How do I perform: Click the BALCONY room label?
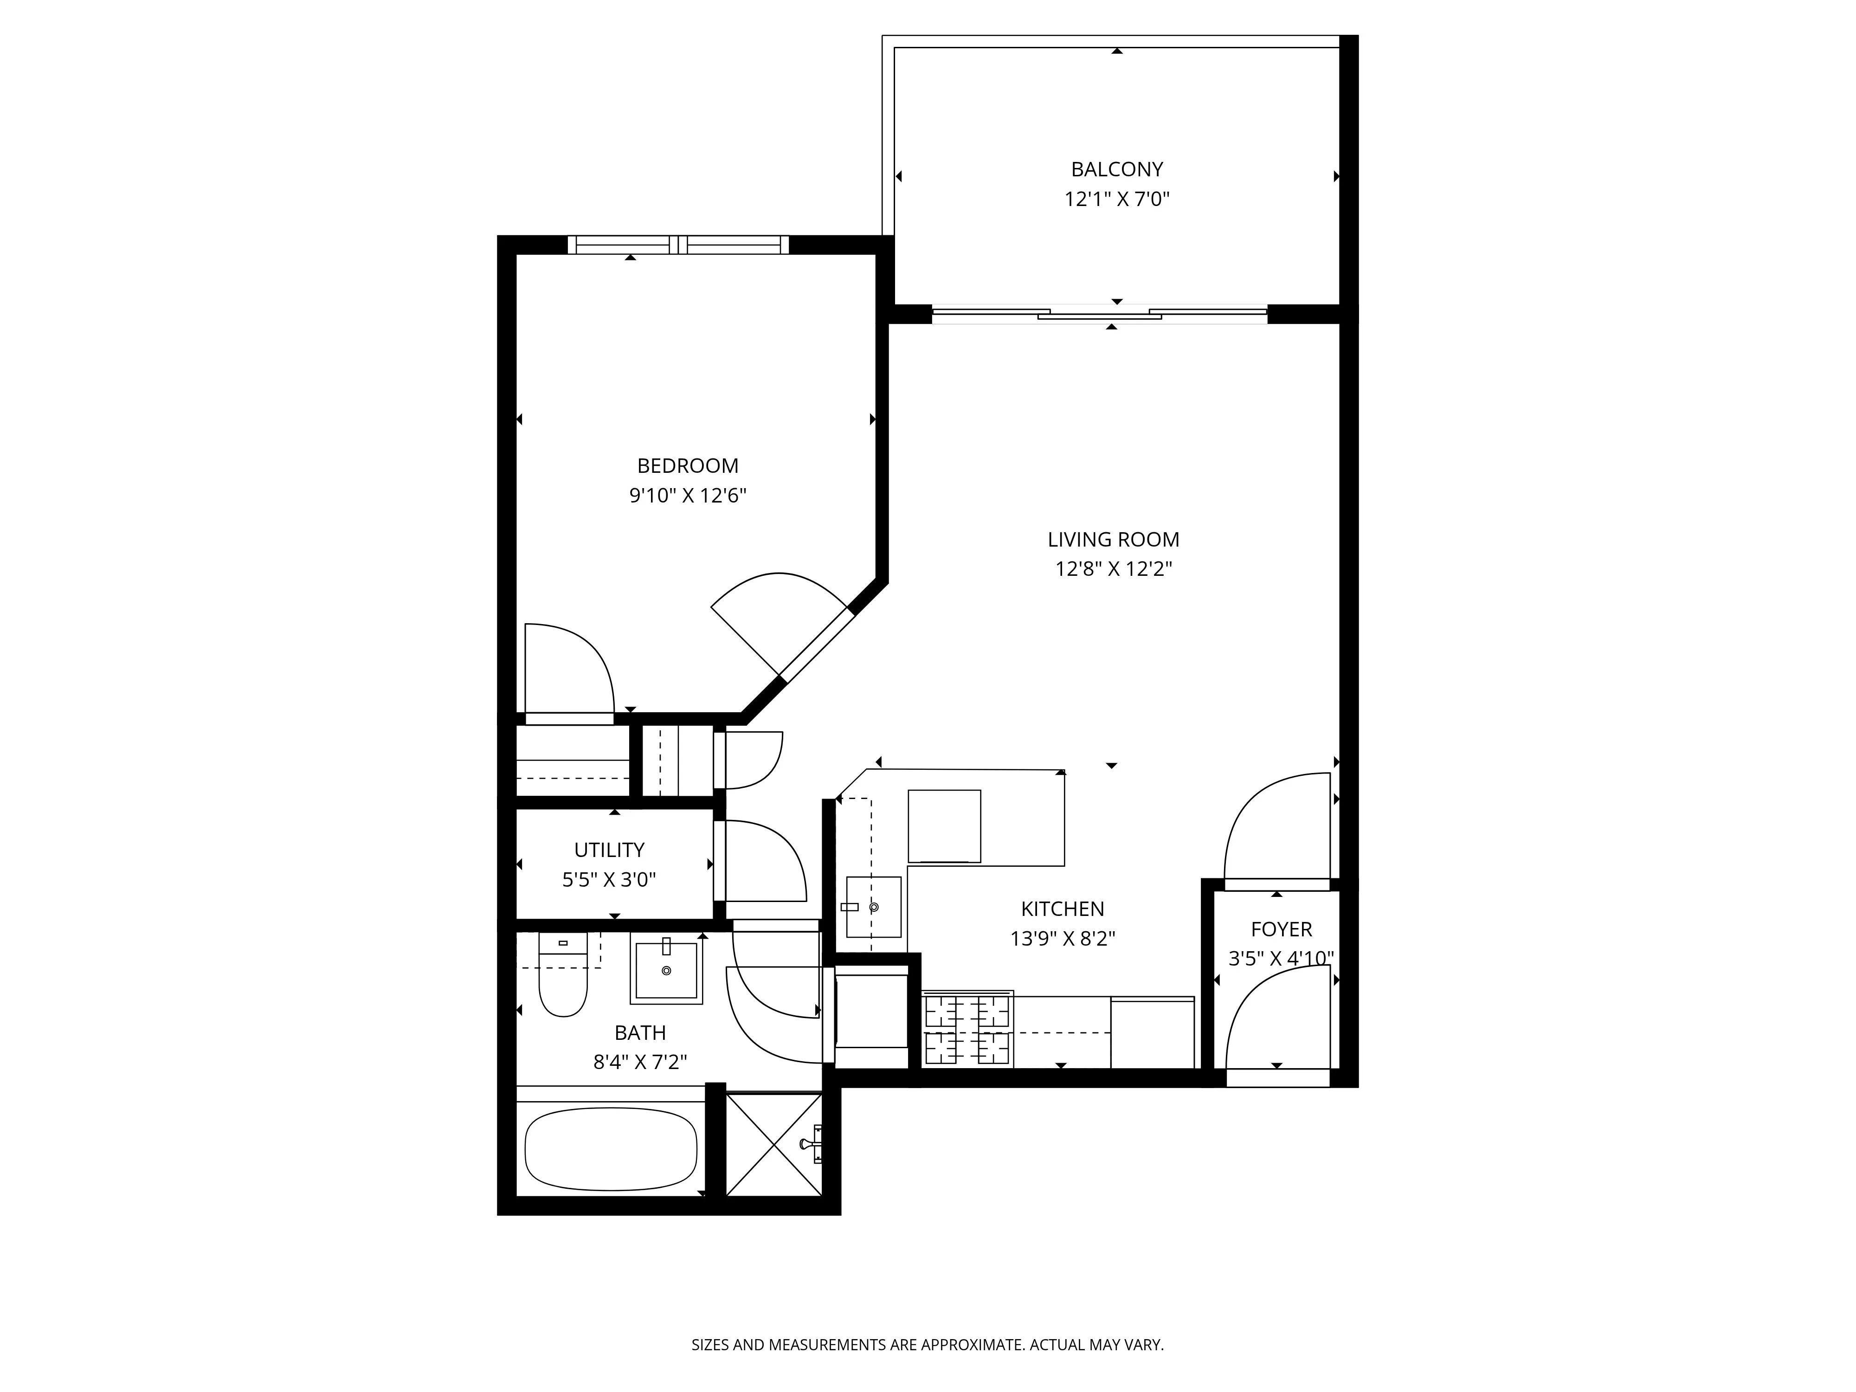pyautogui.click(x=1117, y=169)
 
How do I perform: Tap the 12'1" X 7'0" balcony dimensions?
pyautogui.click(x=1117, y=200)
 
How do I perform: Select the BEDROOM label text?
pyautogui.click(x=687, y=466)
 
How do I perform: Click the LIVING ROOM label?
pyautogui.click(x=1113, y=540)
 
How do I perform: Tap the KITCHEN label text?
pyautogui.click(x=1062, y=909)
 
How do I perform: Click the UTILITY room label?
pyautogui.click(x=609, y=850)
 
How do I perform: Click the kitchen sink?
pyautogui.click(x=873, y=907)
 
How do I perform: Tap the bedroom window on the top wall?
pyautogui.click(x=678, y=245)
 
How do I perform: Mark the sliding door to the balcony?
pyautogui.click(x=1099, y=315)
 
